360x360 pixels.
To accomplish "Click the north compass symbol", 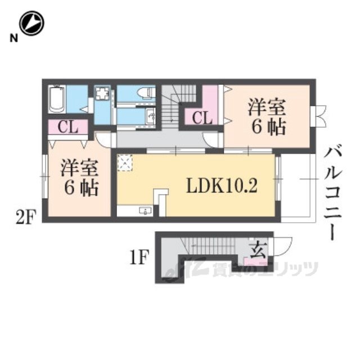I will (31, 22).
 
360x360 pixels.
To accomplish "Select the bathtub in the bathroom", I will (57, 100).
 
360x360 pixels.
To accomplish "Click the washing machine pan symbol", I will (102, 95).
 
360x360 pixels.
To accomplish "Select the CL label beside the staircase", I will (202, 118).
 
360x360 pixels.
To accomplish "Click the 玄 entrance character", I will (258, 249).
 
